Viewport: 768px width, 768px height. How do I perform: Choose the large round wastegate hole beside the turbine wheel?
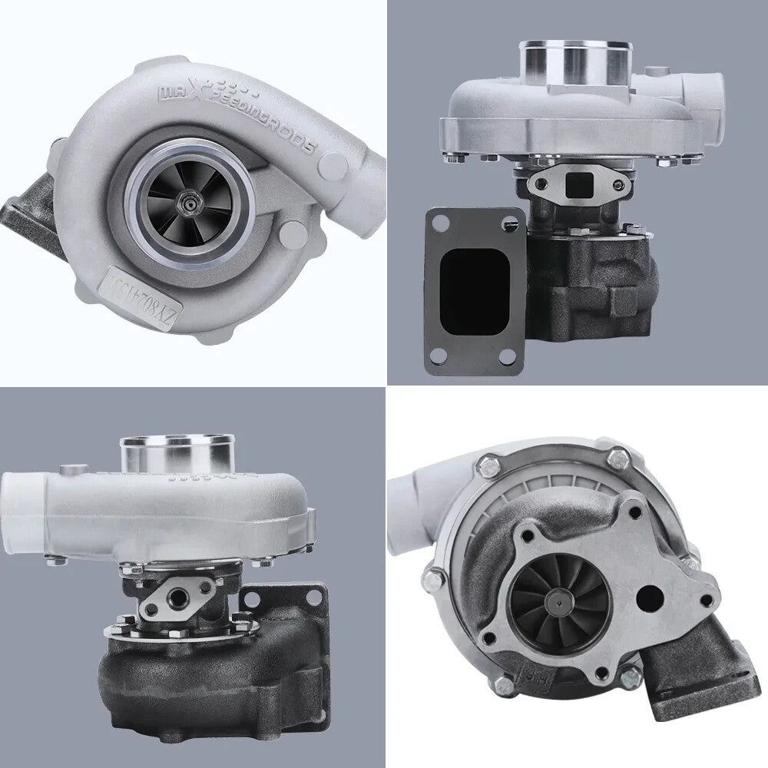tap(650, 598)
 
